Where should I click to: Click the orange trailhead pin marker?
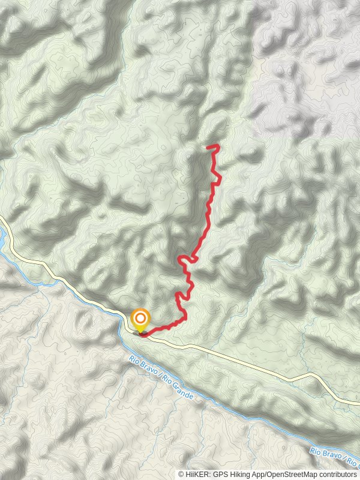pyautogui.click(x=140, y=319)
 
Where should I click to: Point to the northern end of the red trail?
pyautogui.click(x=207, y=146)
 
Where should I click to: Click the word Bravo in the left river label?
pyautogui.click(x=149, y=370)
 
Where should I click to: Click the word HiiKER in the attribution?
pyautogui.click(x=197, y=474)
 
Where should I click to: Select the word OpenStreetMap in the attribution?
pyautogui.click(x=291, y=474)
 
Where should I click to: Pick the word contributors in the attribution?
pyautogui.click(x=336, y=474)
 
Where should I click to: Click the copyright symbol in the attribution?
pyautogui.click(x=182, y=474)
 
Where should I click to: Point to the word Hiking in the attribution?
pyautogui.click(x=239, y=474)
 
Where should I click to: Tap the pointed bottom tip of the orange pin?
pyautogui.click(x=140, y=331)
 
